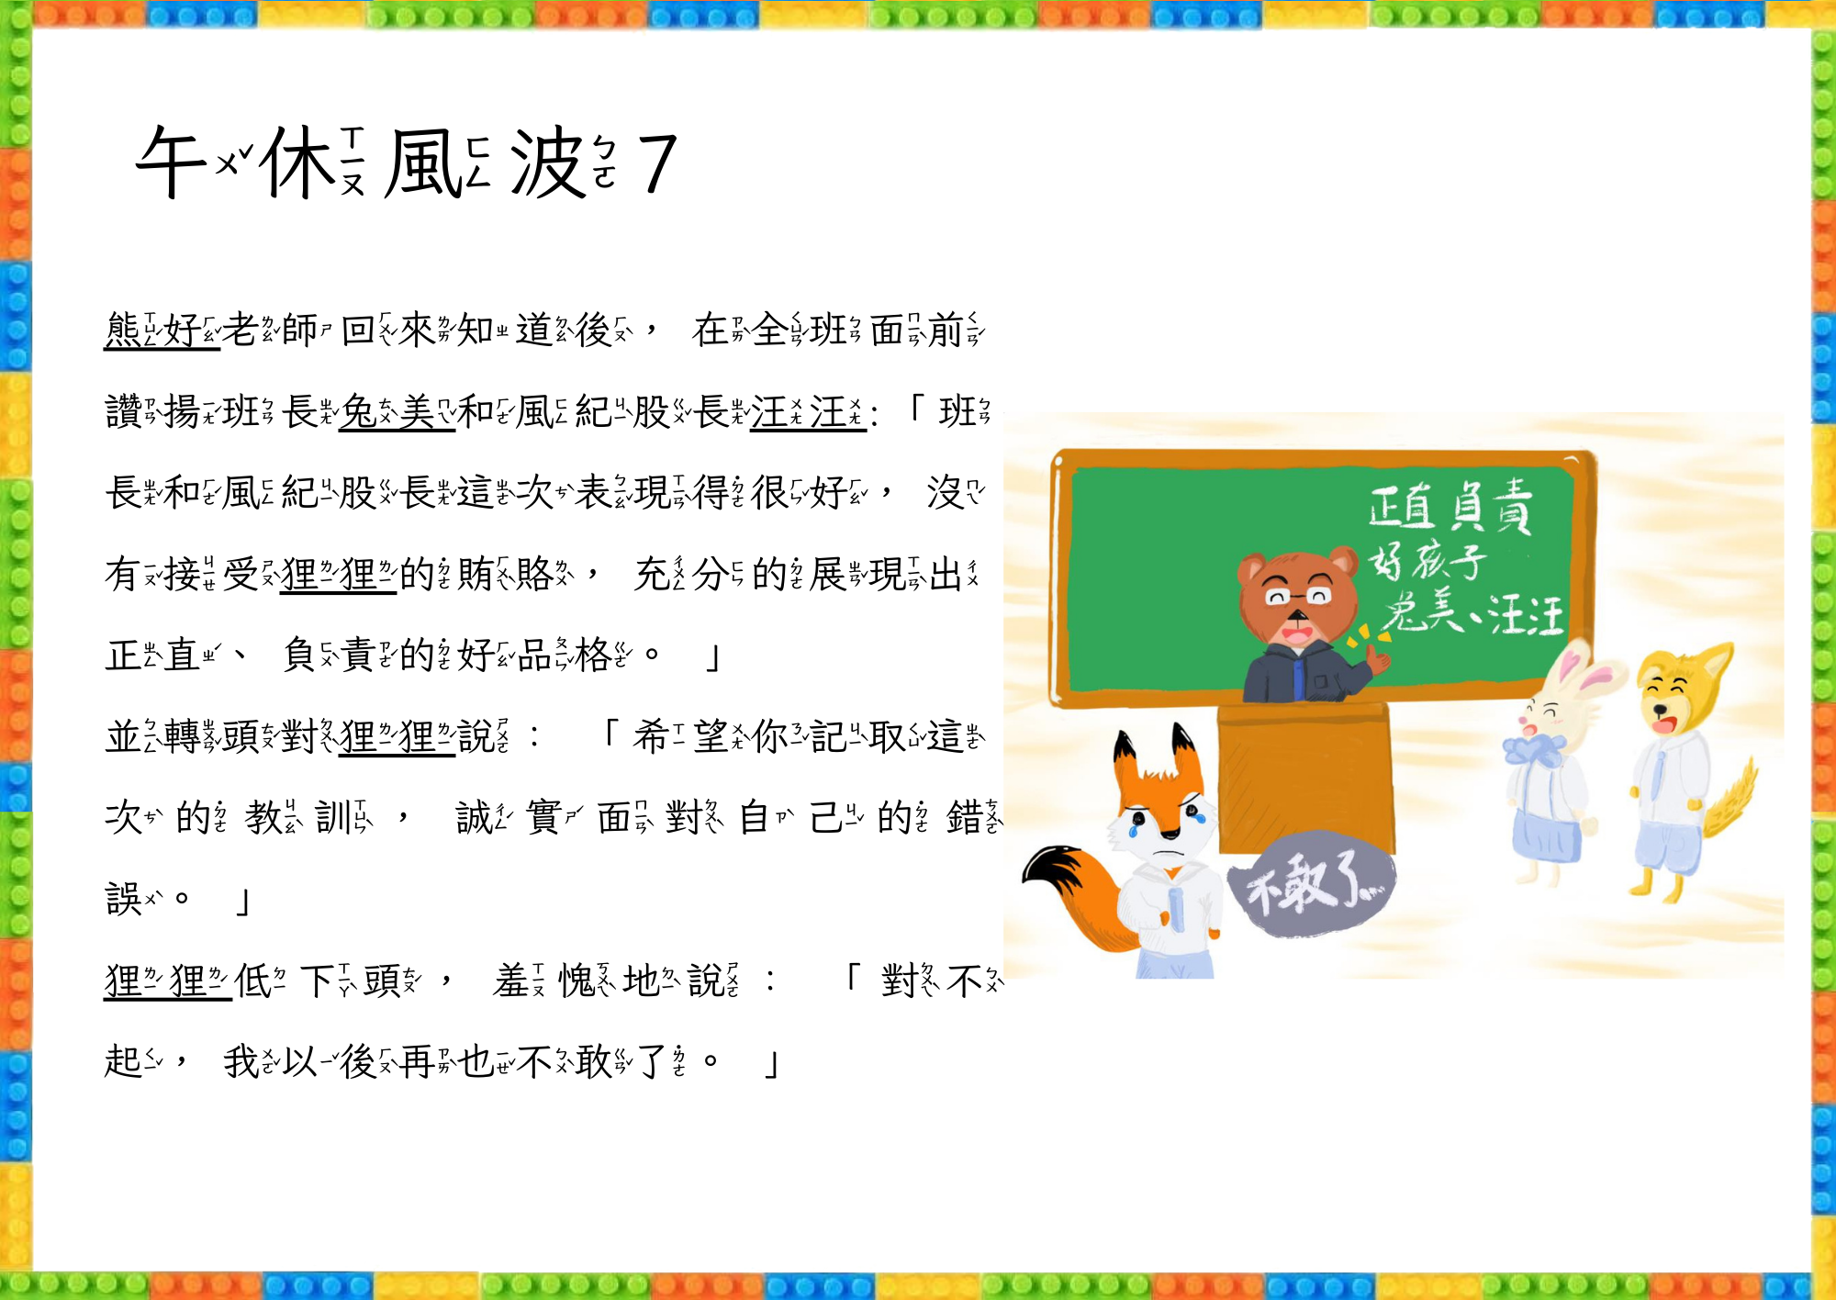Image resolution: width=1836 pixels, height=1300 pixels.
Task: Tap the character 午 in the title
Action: (x=173, y=162)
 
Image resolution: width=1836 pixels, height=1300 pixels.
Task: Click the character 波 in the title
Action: (x=547, y=162)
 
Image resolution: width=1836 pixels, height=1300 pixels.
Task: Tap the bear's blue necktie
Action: (x=1298, y=677)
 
